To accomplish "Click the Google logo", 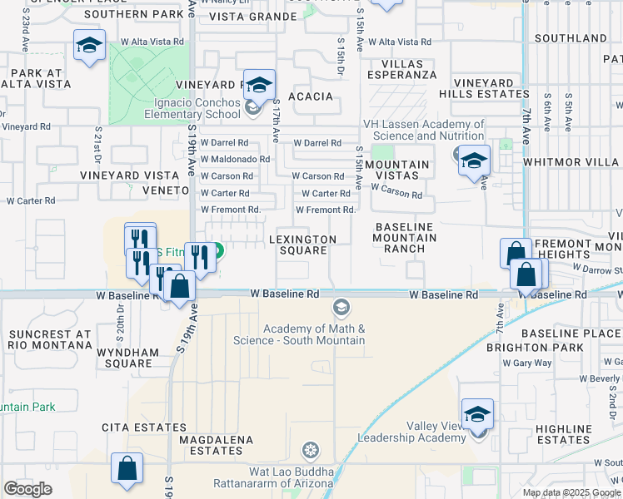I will click(x=27, y=489).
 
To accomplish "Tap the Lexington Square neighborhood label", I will click(x=302, y=245).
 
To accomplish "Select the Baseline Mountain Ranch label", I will click(x=405, y=238).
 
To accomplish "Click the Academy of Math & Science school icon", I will click(x=340, y=308).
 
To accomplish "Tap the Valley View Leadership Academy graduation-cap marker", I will click(x=477, y=413).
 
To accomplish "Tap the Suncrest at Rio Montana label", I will click(x=49, y=340).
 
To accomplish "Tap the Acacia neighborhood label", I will click(x=310, y=96).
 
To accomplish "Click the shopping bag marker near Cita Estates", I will click(x=127, y=467).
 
